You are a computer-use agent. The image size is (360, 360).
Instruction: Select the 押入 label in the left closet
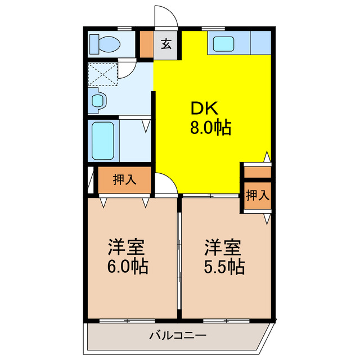(124, 180)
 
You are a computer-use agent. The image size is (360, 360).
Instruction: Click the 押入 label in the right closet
(257, 195)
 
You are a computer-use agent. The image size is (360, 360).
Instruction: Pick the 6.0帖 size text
(127, 265)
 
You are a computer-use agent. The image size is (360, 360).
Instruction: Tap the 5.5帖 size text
(224, 265)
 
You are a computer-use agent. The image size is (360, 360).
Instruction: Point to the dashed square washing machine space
(103, 74)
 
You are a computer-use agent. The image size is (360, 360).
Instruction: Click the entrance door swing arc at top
(167, 16)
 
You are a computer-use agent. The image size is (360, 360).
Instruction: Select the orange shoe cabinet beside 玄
(146, 45)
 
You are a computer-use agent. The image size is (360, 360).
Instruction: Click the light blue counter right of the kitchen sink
(259, 43)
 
